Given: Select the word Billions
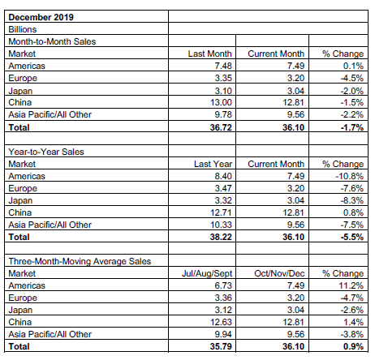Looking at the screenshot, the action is coord(23,29).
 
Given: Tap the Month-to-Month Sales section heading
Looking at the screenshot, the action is coord(52,41).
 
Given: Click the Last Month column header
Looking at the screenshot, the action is coord(210,54).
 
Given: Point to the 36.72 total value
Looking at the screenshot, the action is coord(221,127).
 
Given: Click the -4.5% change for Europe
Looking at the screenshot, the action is coord(352,78).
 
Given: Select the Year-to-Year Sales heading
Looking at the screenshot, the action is coord(46,152).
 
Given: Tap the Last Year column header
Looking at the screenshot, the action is coord(213,164).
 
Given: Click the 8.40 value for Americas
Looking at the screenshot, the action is coord(223,176).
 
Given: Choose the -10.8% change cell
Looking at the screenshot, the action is coord(350,176).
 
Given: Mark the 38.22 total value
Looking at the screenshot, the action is coord(221,237).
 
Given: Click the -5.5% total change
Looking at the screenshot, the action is coord(352,237).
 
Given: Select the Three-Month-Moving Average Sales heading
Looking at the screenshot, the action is coord(80,261).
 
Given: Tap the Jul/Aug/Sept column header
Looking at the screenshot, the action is coord(207,273).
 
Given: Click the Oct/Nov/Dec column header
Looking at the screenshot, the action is coord(279,273).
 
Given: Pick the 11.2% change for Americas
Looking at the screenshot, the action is coord(351,285).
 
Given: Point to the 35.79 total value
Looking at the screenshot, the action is coord(221,346).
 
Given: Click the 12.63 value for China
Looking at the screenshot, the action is coord(221,322).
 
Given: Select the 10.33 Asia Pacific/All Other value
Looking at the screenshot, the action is coord(221,225).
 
